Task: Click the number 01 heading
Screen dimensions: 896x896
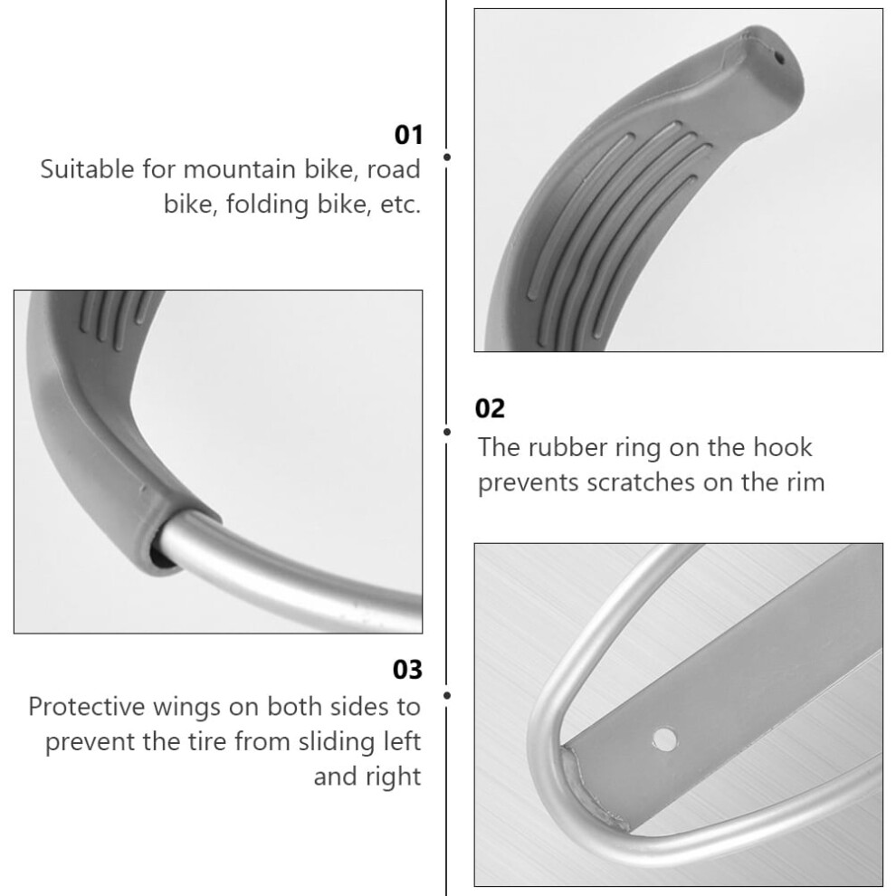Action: pyautogui.click(x=408, y=135)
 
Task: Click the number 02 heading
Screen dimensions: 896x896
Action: pyautogui.click(x=490, y=408)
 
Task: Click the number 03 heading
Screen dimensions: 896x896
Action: pyautogui.click(x=407, y=669)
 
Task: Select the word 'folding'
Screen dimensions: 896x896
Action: pyautogui.click(x=267, y=205)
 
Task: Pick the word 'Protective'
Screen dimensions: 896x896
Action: pyautogui.click(x=86, y=707)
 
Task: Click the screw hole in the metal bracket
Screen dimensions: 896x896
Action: pyautogui.click(x=664, y=739)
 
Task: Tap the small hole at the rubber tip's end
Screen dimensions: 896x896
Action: pyautogui.click(x=779, y=57)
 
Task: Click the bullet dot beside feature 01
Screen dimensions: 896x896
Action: pyautogui.click(x=447, y=157)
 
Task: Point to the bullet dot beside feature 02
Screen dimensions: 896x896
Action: pyautogui.click(x=447, y=432)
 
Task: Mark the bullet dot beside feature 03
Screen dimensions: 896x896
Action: pyautogui.click(x=447, y=695)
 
